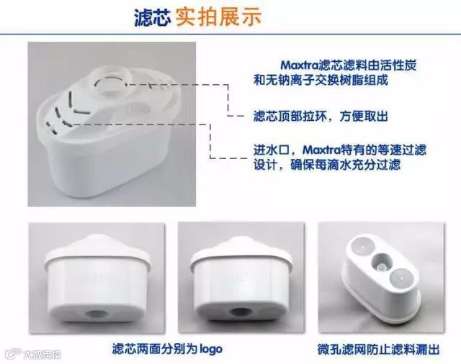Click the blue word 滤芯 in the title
coord(152,17)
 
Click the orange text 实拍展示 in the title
coord(218,17)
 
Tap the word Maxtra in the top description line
coord(300,65)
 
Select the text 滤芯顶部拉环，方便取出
coord(321,117)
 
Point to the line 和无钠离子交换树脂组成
coord(321,80)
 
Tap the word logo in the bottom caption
coord(211,348)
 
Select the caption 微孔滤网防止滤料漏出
coord(378,350)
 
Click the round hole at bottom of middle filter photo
coord(240,311)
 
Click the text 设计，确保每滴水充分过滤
coord(327,165)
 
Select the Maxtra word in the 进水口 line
coord(322,150)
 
